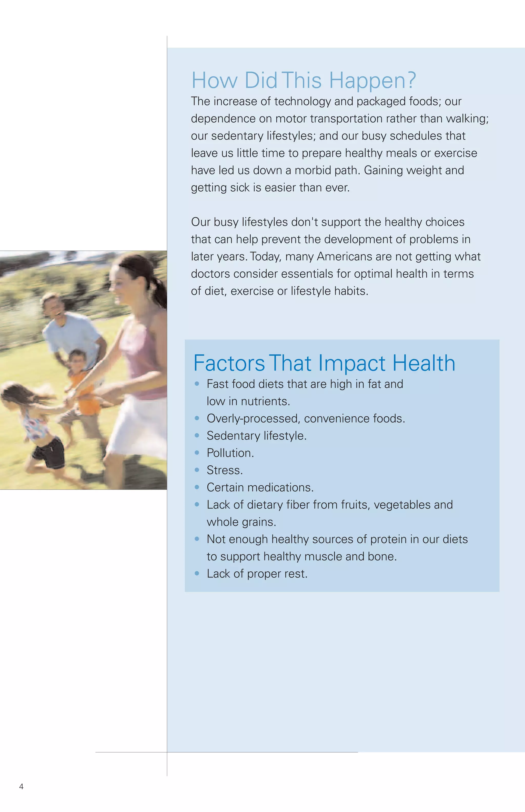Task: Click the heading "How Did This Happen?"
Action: tap(304, 81)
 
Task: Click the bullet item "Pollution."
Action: tap(230, 453)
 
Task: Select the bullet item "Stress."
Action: tap(225, 471)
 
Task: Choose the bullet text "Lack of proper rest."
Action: tap(257, 574)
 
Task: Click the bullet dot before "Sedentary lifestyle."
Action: tap(197, 435)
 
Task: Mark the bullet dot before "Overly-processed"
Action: tap(197, 418)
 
